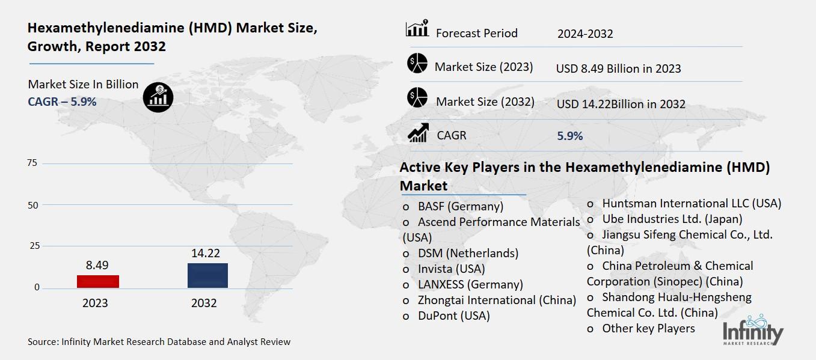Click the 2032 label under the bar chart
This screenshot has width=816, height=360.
[x=204, y=303]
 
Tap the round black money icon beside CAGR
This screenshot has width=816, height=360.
[x=158, y=96]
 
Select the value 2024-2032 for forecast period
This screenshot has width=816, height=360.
[x=584, y=34]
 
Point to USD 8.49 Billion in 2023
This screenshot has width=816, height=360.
[x=618, y=69]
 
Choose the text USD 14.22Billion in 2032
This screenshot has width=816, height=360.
[x=621, y=104]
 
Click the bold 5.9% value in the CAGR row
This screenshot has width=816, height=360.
[x=570, y=136]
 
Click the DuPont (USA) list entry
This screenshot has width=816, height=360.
[x=453, y=316]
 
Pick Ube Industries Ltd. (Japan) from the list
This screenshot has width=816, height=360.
[x=672, y=219]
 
